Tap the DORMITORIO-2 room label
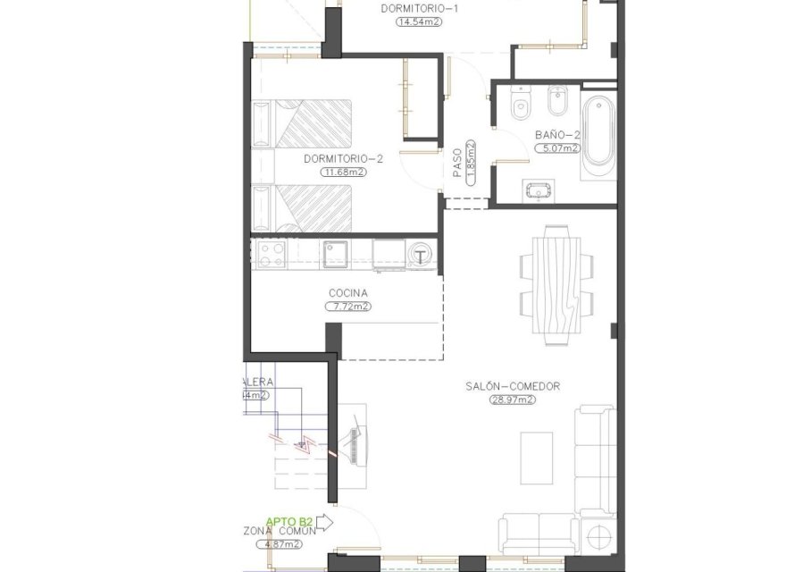(343, 159)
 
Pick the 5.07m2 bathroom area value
(559, 148)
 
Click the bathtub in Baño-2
(598, 134)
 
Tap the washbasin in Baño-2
(539, 189)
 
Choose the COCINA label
(348, 293)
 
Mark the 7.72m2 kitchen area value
(348, 306)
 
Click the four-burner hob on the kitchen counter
(270, 255)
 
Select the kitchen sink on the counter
(336, 255)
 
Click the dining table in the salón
(558, 282)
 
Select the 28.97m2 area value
(512, 400)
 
